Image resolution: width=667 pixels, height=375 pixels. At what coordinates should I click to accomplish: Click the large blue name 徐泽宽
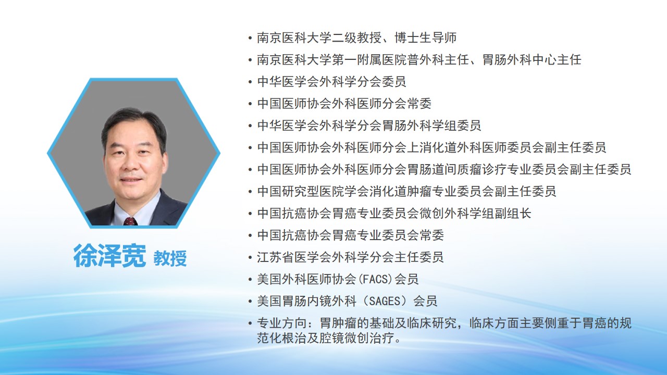[109, 255]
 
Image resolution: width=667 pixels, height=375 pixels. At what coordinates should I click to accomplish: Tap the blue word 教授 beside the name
[170, 258]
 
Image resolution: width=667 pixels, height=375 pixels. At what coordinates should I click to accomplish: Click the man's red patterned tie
[130, 221]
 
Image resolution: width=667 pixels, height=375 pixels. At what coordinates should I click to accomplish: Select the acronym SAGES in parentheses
[385, 301]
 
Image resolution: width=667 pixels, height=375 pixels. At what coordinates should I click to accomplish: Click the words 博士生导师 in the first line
[426, 38]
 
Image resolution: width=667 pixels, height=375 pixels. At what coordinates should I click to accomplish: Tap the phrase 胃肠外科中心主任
[532, 60]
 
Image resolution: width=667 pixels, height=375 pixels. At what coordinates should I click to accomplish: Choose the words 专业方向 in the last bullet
[282, 323]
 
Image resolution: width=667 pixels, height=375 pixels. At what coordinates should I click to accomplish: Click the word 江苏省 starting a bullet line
[276, 257]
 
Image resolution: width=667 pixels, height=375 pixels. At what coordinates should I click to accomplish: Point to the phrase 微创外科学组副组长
[475, 214]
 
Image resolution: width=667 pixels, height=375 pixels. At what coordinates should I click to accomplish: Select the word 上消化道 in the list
[431, 147]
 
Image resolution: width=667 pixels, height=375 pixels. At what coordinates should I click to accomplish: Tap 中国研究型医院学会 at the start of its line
[313, 191]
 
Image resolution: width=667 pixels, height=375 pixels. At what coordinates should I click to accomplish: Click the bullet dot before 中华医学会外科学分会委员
[250, 82]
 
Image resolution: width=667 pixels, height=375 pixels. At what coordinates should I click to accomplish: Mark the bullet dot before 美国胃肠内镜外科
[250, 301]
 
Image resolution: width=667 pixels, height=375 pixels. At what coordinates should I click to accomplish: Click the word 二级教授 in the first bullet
[356, 38]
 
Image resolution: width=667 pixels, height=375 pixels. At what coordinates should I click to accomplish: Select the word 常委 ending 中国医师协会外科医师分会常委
[419, 104]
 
